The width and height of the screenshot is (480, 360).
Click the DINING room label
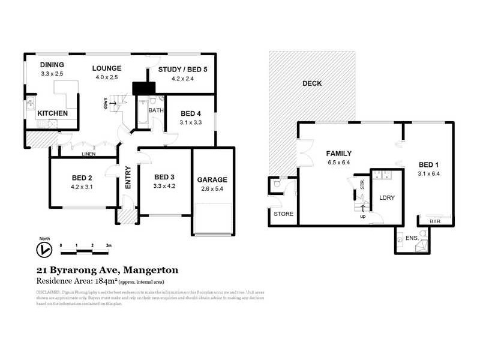tap(52, 65)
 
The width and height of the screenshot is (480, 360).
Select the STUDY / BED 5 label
tap(182, 70)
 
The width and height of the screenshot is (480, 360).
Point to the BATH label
tap(156, 110)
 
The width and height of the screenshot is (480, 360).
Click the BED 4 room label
tap(190, 113)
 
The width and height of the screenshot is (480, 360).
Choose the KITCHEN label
tap(53, 113)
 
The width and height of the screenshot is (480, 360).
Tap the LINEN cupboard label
tap(89, 154)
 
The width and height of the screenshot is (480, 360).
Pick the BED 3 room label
tap(164, 177)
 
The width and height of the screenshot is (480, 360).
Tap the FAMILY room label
tap(338, 153)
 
